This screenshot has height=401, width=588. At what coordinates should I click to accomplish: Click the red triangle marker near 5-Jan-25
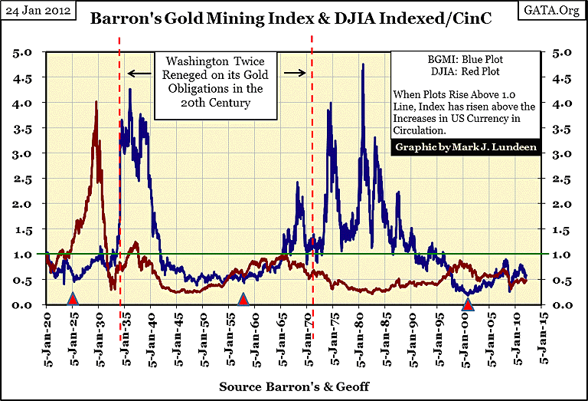click(x=73, y=298)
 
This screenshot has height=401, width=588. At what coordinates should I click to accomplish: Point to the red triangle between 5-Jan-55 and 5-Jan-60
click(x=243, y=299)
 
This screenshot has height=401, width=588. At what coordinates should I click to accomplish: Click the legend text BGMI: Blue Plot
click(x=465, y=58)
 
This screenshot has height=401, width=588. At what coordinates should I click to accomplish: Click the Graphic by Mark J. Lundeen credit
click(x=465, y=146)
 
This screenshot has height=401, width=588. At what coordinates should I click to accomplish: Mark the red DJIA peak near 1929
click(x=96, y=102)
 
